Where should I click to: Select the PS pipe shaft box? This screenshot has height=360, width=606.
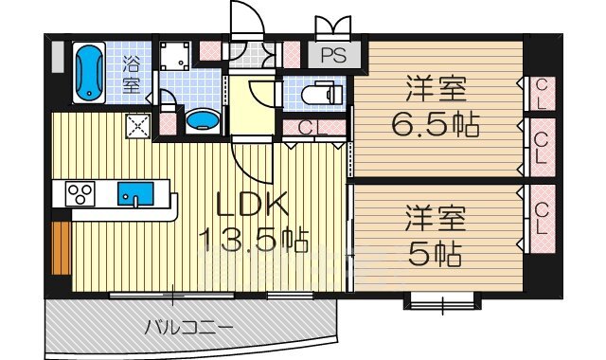[332, 55]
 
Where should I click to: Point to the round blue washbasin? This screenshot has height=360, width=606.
[200, 119]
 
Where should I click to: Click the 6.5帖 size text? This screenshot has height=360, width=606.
[436, 124]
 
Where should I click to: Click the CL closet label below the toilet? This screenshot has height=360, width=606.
[308, 128]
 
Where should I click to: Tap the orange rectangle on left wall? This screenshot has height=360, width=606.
[62, 243]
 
